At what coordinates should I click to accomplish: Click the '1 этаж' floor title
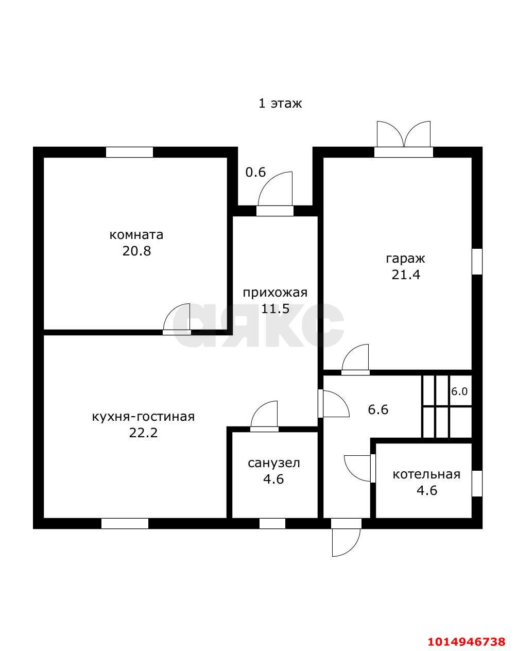(x=280, y=104)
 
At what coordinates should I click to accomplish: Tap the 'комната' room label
(x=136, y=235)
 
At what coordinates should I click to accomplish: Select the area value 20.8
(x=136, y=251)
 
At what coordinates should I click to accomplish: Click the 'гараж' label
(x=405, y=259)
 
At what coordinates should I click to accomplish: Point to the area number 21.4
(x=406, y=275)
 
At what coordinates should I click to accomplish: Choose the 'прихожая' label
(x=275, y=293)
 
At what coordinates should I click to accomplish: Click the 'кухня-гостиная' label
(x=143, y=417)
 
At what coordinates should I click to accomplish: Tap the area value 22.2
(x=143, y=433)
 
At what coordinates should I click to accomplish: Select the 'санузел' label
(x=274, y=463)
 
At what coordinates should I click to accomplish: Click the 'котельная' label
(x=426, y=474)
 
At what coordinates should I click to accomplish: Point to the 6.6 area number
(x=378, y=409)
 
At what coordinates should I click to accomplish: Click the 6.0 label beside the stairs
(x=459, y=391)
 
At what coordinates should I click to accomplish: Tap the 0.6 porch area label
(x=255, y=173)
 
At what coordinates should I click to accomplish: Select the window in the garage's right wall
(x=477, y=261)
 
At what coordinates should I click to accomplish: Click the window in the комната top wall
(x=129, y=152)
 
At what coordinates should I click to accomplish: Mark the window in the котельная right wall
(x=477, y=484)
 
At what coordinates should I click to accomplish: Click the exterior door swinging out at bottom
(x=346, y=538)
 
